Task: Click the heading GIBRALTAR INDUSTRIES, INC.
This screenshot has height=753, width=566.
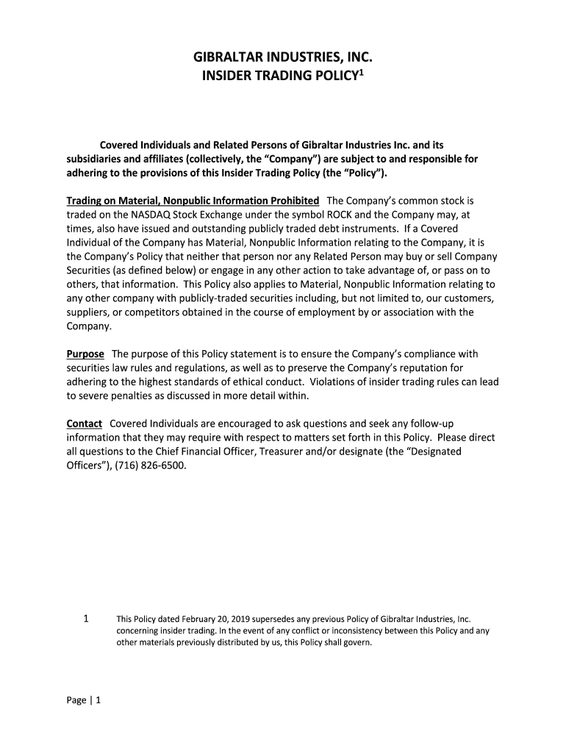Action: (283, 57)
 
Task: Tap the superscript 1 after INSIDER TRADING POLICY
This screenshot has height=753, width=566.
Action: (362, 71)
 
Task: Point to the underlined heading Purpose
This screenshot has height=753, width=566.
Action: (85, 354)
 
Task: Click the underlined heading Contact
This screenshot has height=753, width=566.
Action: (84, 424)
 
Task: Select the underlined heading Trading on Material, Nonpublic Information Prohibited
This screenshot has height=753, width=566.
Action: (193, 200)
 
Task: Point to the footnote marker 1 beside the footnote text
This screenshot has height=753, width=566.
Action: (86, 619)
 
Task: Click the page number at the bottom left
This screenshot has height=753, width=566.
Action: (83, 700)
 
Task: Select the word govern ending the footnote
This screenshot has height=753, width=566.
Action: (358, 643)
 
